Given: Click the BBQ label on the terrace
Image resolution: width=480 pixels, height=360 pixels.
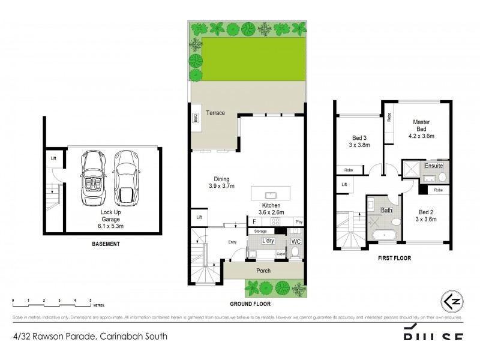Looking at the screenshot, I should pos(195,119).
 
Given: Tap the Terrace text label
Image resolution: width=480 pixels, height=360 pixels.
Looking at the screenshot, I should pos(215,113).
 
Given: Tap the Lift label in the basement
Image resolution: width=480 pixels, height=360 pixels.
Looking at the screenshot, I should pos(53,158).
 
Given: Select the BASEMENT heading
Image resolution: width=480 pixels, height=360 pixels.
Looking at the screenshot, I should pos(106,244).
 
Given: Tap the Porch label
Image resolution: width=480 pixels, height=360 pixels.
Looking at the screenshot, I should pos(263,271).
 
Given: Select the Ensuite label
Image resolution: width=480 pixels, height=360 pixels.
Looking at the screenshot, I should pos(434,165).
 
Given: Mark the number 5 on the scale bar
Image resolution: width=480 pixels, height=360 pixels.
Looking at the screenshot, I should pos(90,299).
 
